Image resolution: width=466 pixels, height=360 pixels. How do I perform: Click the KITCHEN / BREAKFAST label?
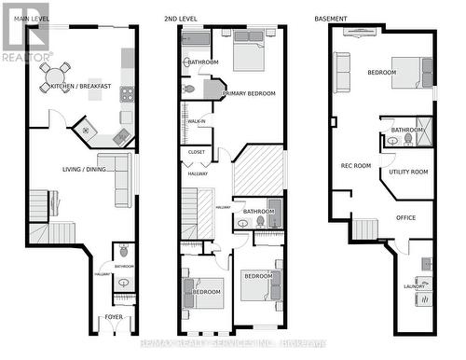tap(81, 87)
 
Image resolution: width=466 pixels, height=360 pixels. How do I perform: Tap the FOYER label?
tap(113, 317)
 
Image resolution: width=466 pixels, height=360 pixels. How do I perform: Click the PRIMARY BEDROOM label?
tap(251, 93)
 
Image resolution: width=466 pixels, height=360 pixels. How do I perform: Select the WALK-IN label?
tap(197, 121)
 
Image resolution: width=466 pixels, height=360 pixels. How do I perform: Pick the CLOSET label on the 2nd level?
tap(197, 151)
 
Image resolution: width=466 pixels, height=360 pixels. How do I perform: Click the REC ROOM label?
tap(355, 166)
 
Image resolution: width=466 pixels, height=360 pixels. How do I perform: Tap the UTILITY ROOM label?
tap(408, 172)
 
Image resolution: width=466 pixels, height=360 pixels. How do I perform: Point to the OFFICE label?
tap(405, 217)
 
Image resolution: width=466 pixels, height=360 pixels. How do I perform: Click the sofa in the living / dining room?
tap(121, 180)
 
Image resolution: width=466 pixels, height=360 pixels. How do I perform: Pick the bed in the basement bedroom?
tap(409, 72)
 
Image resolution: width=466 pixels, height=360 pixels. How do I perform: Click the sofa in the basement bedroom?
tap(342, 73)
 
